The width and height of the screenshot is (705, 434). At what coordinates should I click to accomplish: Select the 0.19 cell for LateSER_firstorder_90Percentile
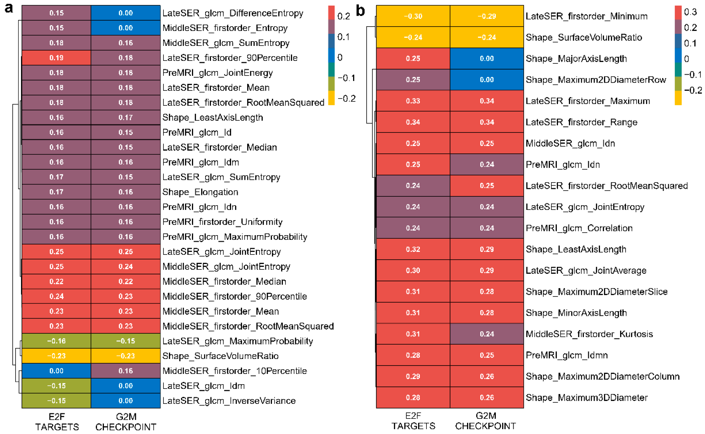click(x=56, y=58)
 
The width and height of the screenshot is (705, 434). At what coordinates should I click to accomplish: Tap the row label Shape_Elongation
click(x=200, y=192)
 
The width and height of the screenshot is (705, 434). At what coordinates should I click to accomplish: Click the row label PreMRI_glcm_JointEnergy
click(x=217, y=73)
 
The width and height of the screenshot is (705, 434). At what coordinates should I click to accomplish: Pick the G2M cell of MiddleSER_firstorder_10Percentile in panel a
click(x=125, y=371)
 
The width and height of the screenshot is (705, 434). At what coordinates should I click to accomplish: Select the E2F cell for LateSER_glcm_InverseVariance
click(x=56, y=401)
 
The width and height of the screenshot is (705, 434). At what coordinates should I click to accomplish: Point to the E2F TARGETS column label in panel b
click(x=413, y=421)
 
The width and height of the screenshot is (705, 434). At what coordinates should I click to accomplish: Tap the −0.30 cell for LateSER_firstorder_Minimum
click(x=413, y=16)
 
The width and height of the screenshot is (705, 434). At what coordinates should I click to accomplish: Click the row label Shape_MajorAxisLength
click(x=576, y=59)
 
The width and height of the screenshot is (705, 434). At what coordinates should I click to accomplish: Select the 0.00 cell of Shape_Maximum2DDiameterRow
click(x=487, y=80)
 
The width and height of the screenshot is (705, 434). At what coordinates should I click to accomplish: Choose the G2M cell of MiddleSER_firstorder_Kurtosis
click(x=487, y=334)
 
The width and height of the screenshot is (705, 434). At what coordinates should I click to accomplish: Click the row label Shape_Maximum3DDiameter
click(x=587, y=398)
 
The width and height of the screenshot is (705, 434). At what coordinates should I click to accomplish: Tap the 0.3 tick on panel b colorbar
click(x=690, y=12)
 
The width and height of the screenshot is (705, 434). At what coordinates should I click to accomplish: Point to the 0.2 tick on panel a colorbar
click(x=343, y=16)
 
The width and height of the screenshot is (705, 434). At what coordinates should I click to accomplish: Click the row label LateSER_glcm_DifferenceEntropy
click(x=233, y=13)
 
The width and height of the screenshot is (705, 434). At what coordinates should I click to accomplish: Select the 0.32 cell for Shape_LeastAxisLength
click(x=413, y=249)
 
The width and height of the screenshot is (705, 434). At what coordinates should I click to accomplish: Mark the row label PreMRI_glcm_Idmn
click(x=567, y=355)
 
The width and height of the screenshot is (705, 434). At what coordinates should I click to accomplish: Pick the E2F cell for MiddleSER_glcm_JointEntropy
click(x=56, y=266)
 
